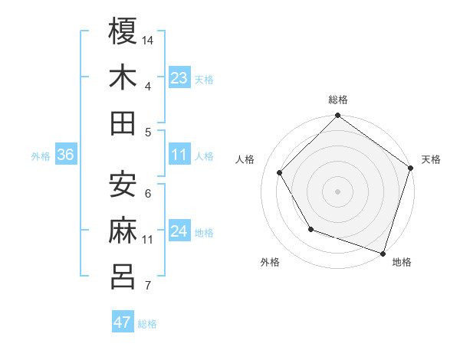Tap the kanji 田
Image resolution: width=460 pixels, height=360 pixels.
click(x=123, y=123)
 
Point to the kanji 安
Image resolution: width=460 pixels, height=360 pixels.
click(x=123, y=184)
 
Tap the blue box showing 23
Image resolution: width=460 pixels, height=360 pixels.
click(x=179, y=78)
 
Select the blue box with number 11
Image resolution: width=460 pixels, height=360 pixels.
click(x=179, y=155)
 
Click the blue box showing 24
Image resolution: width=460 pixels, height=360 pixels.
click(x=179, y=231)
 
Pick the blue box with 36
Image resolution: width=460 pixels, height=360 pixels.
click(x=66, y=155)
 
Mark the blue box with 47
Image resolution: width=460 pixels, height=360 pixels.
click(x=123, y=322)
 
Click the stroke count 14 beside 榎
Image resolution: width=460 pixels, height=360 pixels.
click(x=149, y=39)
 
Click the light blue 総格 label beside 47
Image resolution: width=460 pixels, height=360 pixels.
click(x=147, y=324)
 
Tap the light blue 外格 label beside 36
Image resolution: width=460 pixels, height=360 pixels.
click(x=41, y=156)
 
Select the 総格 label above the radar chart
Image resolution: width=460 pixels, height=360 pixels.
click(x=338, y=100)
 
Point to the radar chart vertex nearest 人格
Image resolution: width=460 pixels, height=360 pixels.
click(x=280, y=172)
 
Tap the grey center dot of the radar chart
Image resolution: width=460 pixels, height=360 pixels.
click(x=338, y=191)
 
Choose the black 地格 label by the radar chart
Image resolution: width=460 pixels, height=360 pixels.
click(x=402, y=263)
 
